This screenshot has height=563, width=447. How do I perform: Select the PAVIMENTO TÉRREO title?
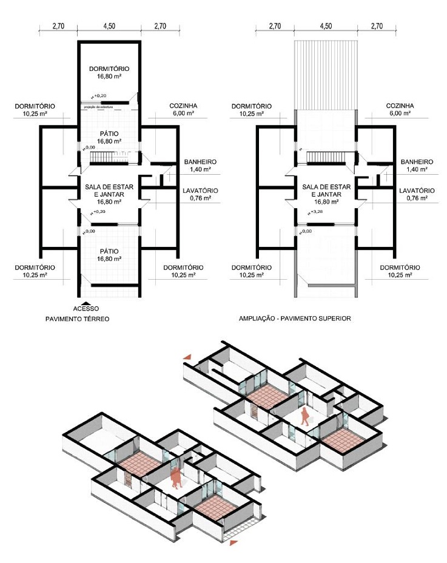pyautogui.click(x=77, y=319)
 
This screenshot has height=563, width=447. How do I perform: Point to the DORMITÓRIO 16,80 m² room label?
pyautogui.click(x=109, y=73)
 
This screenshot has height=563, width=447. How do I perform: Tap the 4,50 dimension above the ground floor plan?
pyautogui.click(x=109, y=27)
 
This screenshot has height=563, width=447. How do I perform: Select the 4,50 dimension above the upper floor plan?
pyautogui.click(x=326, y=27)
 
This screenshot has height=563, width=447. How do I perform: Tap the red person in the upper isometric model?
pyautogui.click(x=306, y=415)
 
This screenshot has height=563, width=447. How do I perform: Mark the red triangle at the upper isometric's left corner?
pyautogui.click(x=189, y=358)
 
